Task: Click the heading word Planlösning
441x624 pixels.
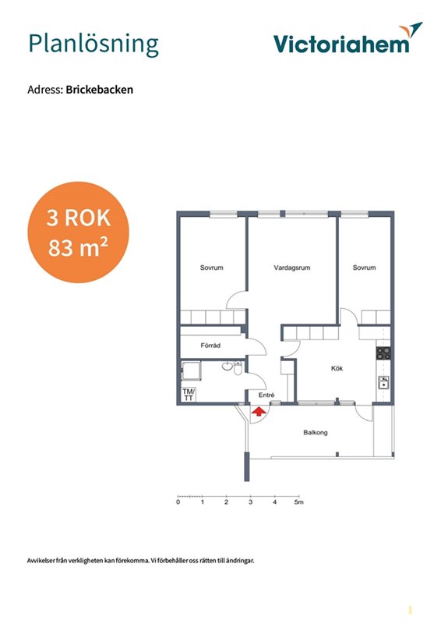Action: click(x=93, y=44)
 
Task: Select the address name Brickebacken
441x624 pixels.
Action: click(x=100, y=90)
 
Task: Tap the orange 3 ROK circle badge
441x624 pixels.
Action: click(x=79, y=232)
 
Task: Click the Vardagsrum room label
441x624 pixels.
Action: click(x=292, y=268)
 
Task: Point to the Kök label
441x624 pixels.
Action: click(x=337, y=368)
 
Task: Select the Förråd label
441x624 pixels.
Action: click(x=210, y=346)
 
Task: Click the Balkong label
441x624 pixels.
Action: click(x=316, y=433)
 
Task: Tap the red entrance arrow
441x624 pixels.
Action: click(x=259, y=412)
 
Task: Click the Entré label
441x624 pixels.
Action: click(x=266, y=395)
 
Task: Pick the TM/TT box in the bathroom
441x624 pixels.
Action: click(x=189, y=395)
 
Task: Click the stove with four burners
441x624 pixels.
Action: click(x=384, y=353)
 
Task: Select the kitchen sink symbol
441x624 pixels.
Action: click(x=384, y=382)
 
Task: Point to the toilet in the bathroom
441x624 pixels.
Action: click(x=238, y=368)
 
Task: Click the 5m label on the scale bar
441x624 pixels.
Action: click(x=298, y=502)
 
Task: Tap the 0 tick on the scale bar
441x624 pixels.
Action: click(x=178, y=502)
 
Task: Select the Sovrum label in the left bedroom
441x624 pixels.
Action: click(x=212, y=268)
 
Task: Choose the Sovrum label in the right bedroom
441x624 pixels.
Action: click(x=364, y=268)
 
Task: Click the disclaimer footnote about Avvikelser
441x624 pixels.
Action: click(x=141, y=561)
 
